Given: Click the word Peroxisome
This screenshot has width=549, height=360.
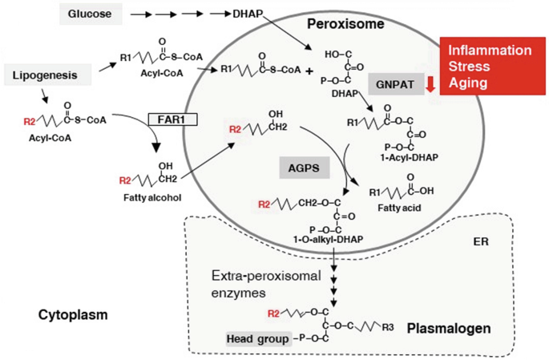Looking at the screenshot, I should [x=345, y=24].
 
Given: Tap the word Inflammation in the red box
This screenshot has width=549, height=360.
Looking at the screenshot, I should [x=490, y=50].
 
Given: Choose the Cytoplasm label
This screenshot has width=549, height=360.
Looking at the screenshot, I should [x=72, y=315].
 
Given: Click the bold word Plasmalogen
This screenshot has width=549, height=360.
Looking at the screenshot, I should [x=447, y=328].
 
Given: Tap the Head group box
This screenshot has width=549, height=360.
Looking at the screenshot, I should [x=257, y=339].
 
